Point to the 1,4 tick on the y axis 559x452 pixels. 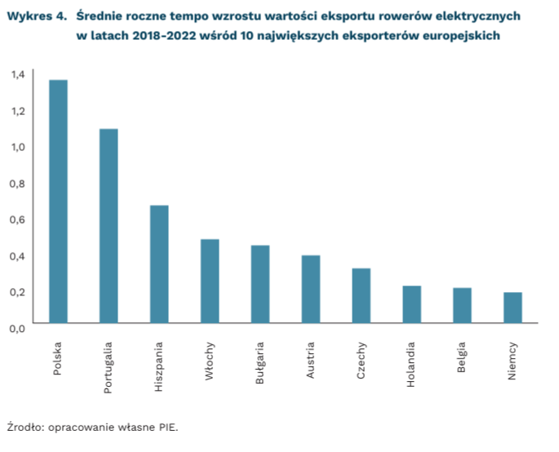tap(18, 74)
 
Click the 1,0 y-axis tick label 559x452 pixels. tap(18, 147)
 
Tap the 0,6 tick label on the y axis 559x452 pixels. tap(18, 219)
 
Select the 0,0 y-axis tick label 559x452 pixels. tap(18, 328)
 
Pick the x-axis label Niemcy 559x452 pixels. tap(512, 360)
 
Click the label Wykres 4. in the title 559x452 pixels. tap(35, 16)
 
